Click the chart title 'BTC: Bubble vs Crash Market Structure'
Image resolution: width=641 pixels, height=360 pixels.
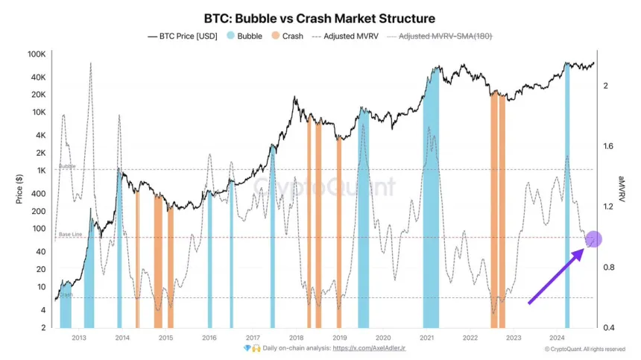click(320, 17)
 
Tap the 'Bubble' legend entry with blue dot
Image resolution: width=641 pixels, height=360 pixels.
click(244, 36)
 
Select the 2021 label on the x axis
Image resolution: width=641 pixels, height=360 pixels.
click(426, 338)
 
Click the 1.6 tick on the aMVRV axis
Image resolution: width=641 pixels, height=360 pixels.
click(609, 146)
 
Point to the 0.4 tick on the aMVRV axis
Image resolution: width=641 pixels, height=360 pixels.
click(609, 328)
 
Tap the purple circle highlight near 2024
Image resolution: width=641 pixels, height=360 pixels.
click(593, 239)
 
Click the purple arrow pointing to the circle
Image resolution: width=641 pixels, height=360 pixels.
click(555, 277)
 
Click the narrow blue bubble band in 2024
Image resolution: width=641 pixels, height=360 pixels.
click(566, 194)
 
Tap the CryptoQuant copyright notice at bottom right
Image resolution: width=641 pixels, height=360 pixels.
click(584, 349)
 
